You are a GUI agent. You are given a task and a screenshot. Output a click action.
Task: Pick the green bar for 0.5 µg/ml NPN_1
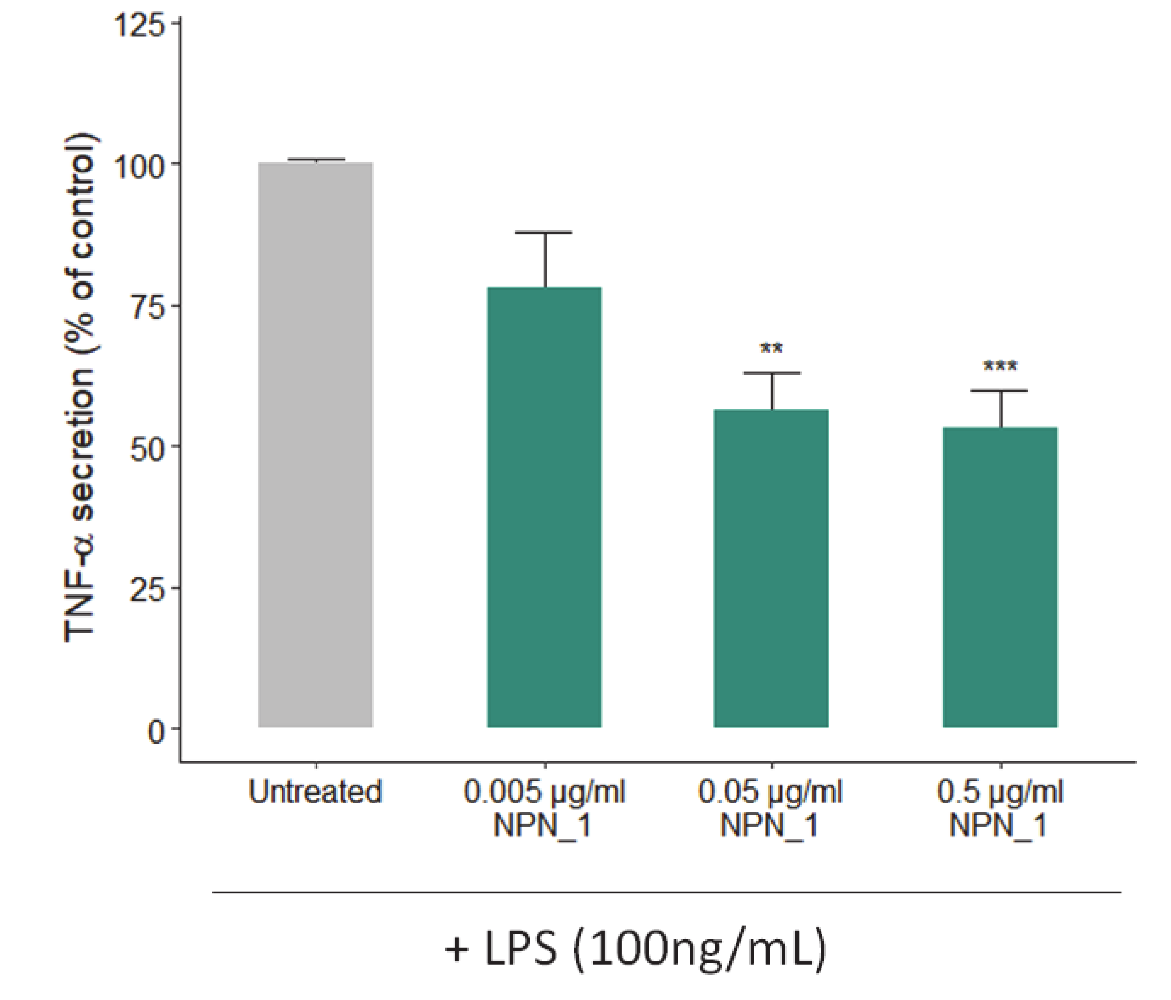1000,577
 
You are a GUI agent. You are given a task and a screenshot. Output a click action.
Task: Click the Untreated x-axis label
316,791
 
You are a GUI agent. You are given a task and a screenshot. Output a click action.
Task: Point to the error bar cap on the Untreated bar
316,159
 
